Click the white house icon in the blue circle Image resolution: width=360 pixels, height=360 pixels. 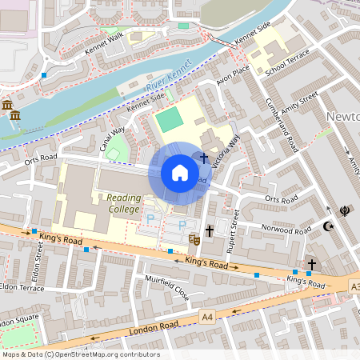(x=180, y=172)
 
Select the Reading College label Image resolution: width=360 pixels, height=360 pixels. (x=118, y=203)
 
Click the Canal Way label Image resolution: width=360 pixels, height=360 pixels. (x=112, y=139)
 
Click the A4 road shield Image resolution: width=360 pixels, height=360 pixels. (x=207, y=317)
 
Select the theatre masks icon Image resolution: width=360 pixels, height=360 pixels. (x=193, y=238)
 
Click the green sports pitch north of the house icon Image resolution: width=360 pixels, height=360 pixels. (x=168, y=122)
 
